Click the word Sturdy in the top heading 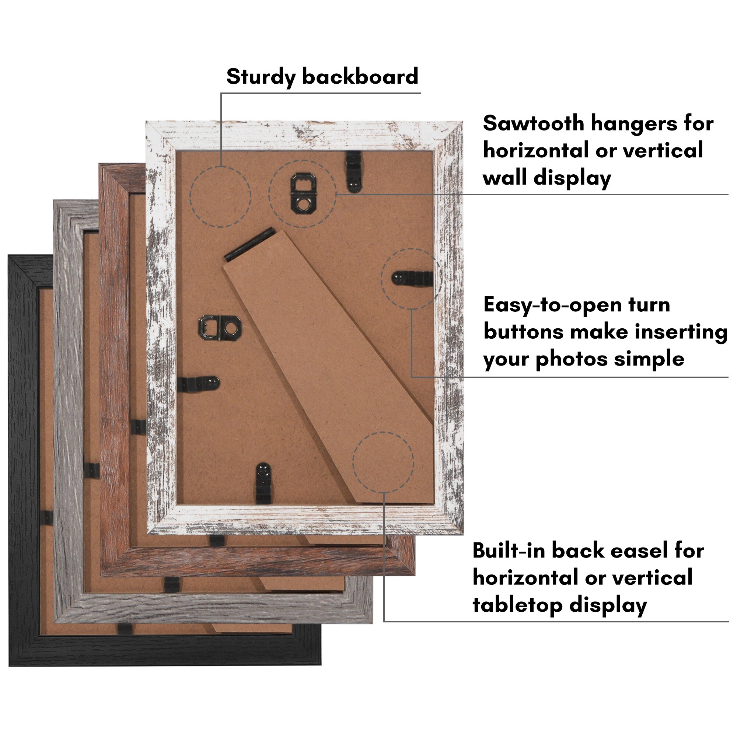(261, 77)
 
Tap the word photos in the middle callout (572, 359)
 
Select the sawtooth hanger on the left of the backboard (220, 328)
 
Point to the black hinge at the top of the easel (250, 245)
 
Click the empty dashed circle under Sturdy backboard (220, 197)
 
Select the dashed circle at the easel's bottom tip (383, 463)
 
